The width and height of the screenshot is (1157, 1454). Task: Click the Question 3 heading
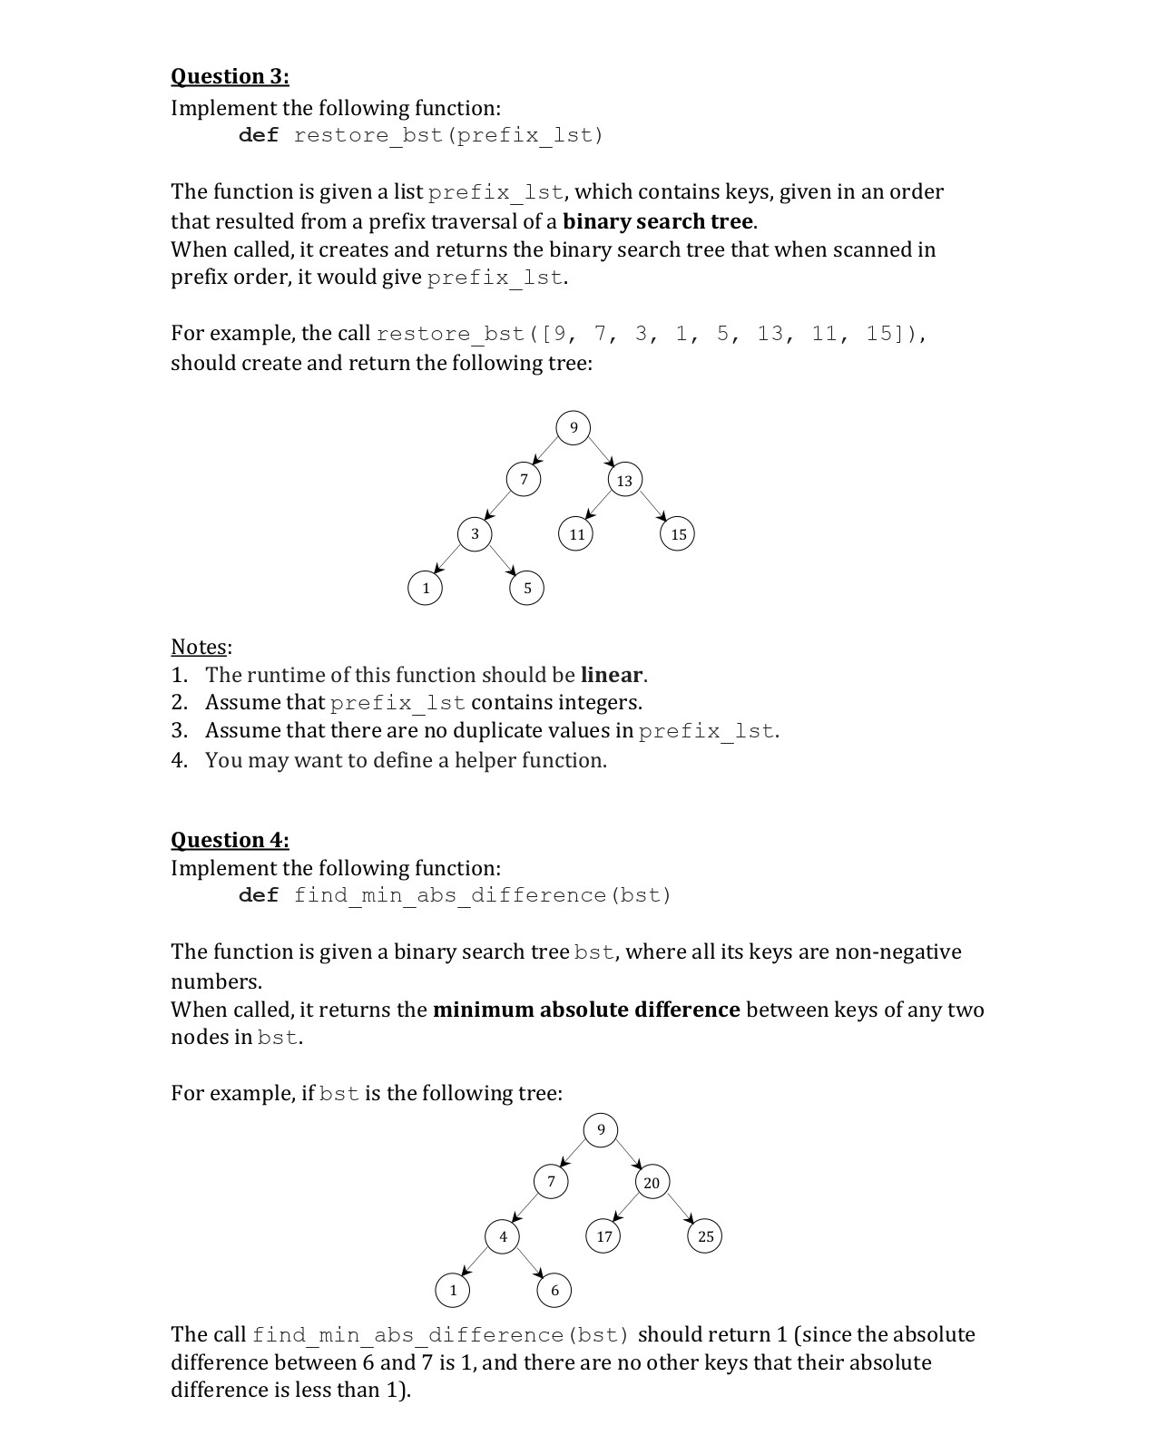tap(230, 76)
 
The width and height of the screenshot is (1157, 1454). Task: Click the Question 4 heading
tap(230, 840)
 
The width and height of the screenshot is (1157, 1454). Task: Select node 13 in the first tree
tap(624, 481)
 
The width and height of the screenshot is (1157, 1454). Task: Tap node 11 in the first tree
tap(576, 534)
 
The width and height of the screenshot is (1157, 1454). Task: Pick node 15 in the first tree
tap(679, 534)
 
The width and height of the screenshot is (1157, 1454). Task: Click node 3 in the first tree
tap(475, 533)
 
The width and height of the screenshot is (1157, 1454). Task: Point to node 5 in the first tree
tap(527, 589)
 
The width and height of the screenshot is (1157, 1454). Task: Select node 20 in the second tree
tap(652, 1183)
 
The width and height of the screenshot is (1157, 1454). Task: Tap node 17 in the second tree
tap(604, 1236)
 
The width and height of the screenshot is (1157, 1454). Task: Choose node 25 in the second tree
tap(706, 1236)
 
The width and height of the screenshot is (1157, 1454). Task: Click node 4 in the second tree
tap(503, 1236)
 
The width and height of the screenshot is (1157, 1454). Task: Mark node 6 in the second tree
tap(554, 1290)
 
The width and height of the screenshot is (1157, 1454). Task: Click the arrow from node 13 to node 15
tap(653, 507)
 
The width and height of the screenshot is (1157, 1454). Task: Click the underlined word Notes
tap(199, 647)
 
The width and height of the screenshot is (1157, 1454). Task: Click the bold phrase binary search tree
tap(658, 221)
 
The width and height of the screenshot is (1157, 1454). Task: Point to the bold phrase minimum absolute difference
tap(586, 1010)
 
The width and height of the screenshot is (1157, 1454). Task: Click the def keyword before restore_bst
tap(259, 136)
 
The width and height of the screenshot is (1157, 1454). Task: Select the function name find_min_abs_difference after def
tap(450, 896)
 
